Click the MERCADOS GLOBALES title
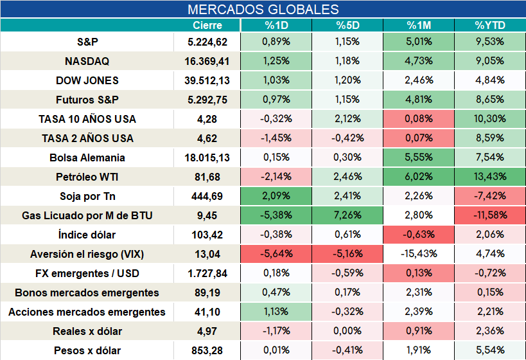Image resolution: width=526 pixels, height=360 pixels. tap(263, 10)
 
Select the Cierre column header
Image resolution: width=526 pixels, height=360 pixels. tap(207, 25)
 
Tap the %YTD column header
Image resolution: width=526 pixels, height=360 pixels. tap(490, 25)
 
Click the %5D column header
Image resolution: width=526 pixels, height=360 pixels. tap(347, 25)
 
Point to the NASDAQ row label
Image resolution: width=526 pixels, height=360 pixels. tap(87, 61)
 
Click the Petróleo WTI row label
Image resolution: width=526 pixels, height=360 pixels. tap(87, 177)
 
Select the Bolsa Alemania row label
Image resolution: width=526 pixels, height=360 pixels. tap(87, 157)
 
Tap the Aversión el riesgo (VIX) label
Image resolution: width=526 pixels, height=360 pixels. tap(87, 254)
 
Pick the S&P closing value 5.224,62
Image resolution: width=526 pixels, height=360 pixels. tap(207, 42)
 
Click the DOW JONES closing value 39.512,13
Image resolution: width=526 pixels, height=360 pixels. tap(207, 80)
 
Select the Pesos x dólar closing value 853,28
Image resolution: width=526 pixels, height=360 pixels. tap(207, 350)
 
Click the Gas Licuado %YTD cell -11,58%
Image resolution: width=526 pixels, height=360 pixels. tap(490, 215)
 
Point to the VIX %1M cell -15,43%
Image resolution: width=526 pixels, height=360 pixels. tap(419, 253)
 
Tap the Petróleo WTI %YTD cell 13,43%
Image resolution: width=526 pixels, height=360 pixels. tap(490, 176)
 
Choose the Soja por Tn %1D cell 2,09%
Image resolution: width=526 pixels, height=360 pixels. tap(276, 196)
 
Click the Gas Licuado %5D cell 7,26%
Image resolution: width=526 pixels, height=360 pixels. tap(347, 215)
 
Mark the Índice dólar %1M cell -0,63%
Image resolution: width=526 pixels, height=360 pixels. tap(419, 235)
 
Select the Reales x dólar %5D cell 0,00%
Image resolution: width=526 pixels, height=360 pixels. tap(347, 331)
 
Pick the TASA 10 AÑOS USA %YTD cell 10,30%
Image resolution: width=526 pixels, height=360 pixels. tap(490, 118)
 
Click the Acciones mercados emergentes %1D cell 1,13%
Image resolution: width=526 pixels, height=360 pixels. tap(276, 312)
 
